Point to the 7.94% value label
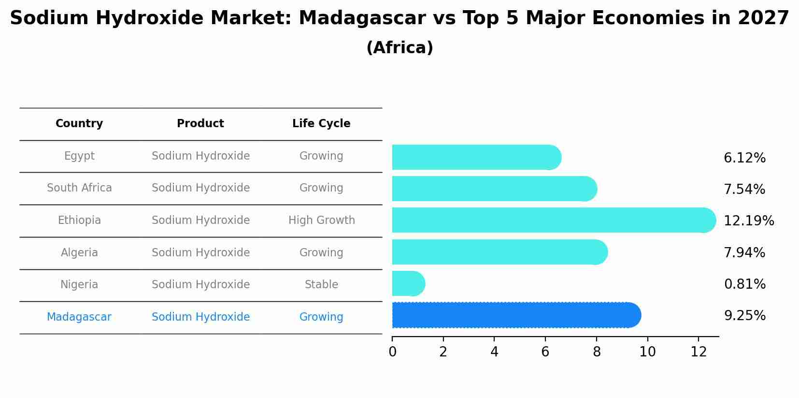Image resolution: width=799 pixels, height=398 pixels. tap(744, 252)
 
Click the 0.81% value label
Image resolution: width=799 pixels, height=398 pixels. tap(744, 284)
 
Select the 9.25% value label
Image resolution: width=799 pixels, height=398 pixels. tap(744, 315)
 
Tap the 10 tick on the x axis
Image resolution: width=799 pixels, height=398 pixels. tap(647, 352)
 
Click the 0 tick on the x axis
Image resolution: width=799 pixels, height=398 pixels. tap(392, 352)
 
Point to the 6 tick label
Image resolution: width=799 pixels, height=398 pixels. tap(545, 352)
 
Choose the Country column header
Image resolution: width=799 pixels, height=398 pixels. tap(79, 123)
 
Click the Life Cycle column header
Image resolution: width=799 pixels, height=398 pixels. tap(321, 123)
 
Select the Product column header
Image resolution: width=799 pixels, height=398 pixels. tap(200, 123)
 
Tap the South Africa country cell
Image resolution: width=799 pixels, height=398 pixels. tap(79, 188)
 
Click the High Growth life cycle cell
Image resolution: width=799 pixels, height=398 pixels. tap(321, 220)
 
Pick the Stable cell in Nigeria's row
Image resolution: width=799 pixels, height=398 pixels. tap(321, 284)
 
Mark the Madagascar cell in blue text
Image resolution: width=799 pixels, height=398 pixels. tap(79, 317)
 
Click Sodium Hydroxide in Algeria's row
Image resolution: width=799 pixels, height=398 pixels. tap(200, 252)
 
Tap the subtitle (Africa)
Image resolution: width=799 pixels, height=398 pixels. tap(399, 47)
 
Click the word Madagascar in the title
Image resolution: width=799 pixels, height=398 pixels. tap(362, 18)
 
